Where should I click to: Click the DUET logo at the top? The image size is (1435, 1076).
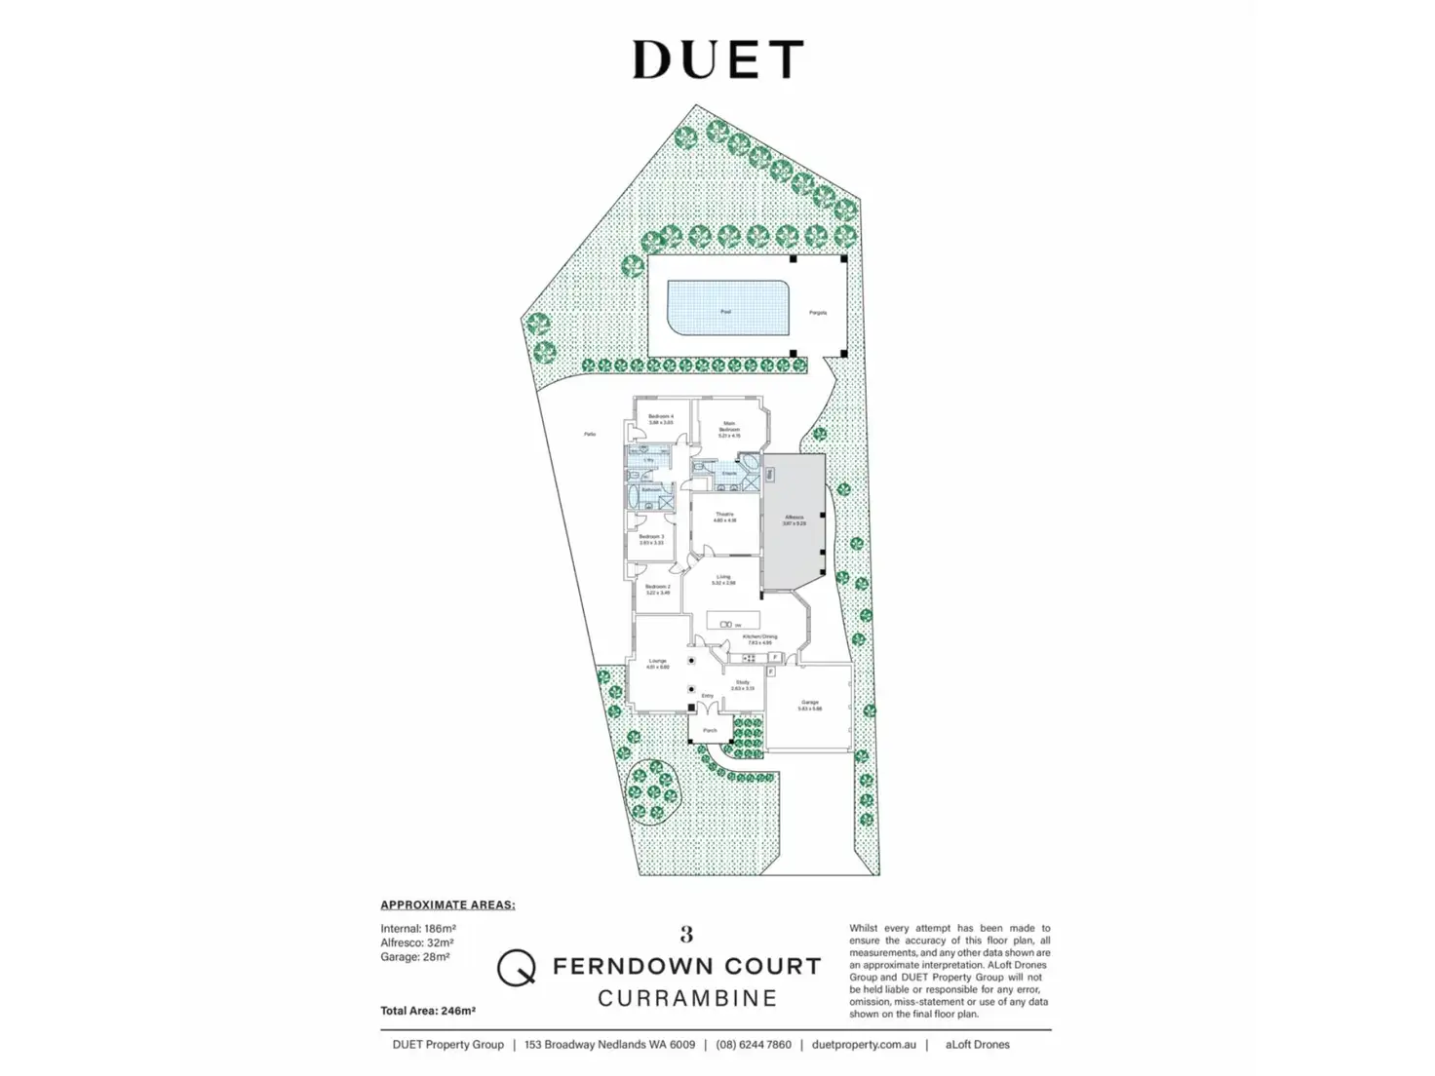tap(717, 59)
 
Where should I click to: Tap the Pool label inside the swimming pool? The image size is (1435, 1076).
tap(725, 312)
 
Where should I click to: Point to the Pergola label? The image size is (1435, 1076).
tap(818, 313)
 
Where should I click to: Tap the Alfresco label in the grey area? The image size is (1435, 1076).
tap(795, 519)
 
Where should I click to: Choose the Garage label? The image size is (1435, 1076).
tap(810, 705)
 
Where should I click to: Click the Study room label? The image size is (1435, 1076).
tap(743, 685)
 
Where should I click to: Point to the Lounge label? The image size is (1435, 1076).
tap(658, 664)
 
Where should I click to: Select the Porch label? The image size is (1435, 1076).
tap(710, 730)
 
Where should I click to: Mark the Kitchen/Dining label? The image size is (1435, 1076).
tap(760, 639)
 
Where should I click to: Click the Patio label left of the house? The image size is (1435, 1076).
tap(590, 434)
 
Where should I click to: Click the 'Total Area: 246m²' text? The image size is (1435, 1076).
tap(428, 1011)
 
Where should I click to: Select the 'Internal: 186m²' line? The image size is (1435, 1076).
tap(418, 929)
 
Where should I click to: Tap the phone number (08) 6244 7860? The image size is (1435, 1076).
tap(754, 1045)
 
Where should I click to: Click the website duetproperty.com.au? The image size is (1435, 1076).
tap(864, 1045)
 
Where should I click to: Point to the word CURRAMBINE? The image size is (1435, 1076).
tap(687, 998)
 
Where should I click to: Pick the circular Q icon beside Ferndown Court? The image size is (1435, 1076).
tap(517, 968)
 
